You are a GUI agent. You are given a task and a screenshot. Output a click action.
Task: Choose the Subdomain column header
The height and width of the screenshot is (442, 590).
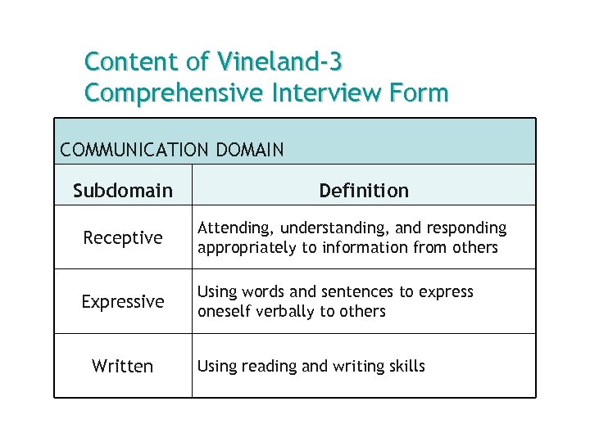(x=123, y=191)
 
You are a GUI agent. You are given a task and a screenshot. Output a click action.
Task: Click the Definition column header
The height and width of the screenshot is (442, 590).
(x=364, y=191)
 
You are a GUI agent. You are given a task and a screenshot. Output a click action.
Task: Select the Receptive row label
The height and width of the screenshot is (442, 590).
(x=123, y=238)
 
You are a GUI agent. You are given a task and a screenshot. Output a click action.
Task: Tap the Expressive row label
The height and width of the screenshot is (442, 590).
(x=123, y=302)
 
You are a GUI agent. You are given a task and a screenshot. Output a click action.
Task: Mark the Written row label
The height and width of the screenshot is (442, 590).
(x=123, y=366)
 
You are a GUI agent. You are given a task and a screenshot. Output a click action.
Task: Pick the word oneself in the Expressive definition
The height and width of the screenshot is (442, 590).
(x=224, y=311)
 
